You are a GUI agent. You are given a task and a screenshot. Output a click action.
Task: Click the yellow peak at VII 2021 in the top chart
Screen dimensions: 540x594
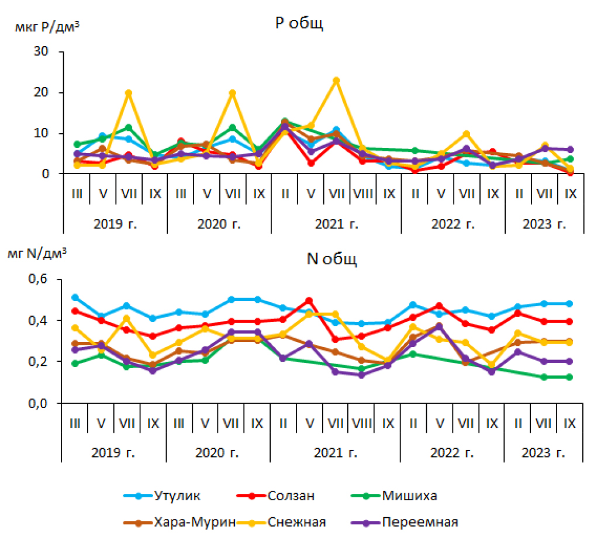[336, 81]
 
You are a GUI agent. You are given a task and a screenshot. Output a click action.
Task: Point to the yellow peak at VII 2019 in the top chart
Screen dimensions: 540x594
[129, 93]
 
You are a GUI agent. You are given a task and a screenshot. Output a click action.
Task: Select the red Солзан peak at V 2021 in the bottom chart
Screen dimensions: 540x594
[309, 301]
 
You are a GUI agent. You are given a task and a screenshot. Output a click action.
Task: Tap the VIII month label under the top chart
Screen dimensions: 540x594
[362, 193]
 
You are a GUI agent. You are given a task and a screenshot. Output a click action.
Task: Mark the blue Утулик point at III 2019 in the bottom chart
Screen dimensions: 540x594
[75, 297]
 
